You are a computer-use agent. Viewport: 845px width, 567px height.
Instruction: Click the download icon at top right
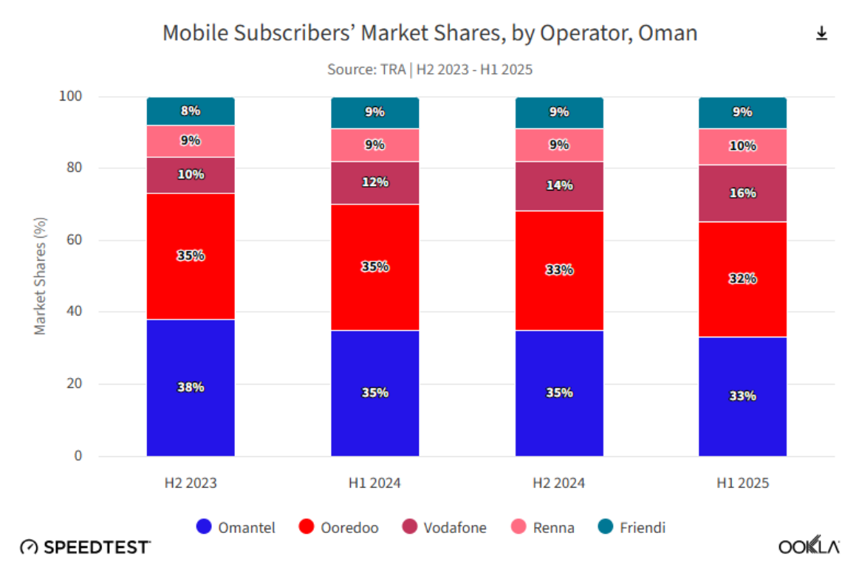[821, 34]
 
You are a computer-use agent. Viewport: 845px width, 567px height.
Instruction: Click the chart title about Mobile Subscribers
[429, 33]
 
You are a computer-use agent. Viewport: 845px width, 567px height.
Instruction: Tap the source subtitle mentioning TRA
[429, 69]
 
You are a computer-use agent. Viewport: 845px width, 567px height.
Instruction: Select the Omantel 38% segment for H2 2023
[191, 388]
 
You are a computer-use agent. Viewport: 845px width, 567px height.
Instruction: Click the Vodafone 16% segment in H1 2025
[742, 193]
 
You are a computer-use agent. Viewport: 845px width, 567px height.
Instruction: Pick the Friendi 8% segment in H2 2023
[191, 111]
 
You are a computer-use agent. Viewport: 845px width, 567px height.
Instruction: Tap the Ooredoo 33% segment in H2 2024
[559, 270]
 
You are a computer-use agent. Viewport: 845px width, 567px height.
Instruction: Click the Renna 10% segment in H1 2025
[742, 147]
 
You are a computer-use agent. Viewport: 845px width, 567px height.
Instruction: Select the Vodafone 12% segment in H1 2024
[374, 182]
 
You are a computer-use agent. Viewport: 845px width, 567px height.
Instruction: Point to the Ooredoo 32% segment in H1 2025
[742, 279]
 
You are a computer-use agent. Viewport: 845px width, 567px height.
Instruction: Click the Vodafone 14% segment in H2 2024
[559, 186]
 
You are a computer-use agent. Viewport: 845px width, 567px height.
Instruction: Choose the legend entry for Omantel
[236, 527]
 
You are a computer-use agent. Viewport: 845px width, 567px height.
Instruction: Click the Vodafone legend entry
[445, 527]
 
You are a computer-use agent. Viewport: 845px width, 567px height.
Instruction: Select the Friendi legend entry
[632, 527]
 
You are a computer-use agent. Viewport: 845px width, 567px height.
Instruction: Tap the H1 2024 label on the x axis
[374, 484]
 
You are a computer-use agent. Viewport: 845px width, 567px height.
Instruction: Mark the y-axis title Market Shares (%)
[41, 275]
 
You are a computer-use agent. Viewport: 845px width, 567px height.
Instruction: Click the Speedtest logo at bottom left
[85, 547]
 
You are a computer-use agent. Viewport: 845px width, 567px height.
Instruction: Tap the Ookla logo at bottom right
[808, 547]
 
